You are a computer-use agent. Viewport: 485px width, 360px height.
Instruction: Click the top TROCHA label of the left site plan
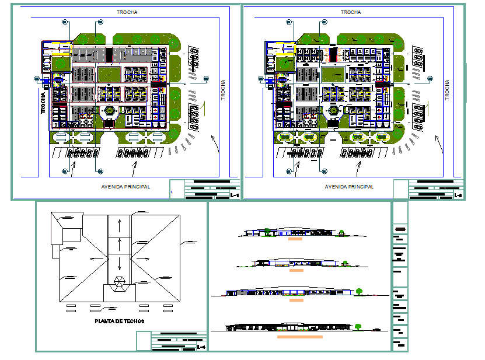pos(127,12)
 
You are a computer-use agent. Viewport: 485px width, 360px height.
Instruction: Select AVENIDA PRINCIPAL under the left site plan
pos(125,187)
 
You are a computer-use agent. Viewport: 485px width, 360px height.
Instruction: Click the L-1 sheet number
pos(234,195)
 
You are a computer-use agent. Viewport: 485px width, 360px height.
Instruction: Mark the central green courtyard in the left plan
pos(109,75)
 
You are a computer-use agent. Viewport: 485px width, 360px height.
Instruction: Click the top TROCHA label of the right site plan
pos(350,12)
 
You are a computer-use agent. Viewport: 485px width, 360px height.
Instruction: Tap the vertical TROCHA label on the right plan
pos(447,90)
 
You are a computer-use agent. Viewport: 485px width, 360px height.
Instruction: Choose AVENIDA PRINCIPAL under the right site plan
pos(349,187)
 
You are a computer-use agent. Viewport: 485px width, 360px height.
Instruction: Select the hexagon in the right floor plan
pos(333,111)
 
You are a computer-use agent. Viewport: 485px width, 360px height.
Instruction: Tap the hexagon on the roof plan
pos(120,282)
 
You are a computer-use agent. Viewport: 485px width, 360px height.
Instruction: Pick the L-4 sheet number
pos(201,348)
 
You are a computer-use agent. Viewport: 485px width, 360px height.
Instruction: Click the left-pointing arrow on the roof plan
pos(95,257)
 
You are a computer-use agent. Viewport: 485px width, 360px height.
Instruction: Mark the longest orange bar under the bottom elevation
pos(300,337)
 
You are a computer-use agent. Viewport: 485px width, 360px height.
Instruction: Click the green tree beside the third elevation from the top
pos(360,290)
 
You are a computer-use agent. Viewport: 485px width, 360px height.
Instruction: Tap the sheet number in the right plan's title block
pos(458,195)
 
